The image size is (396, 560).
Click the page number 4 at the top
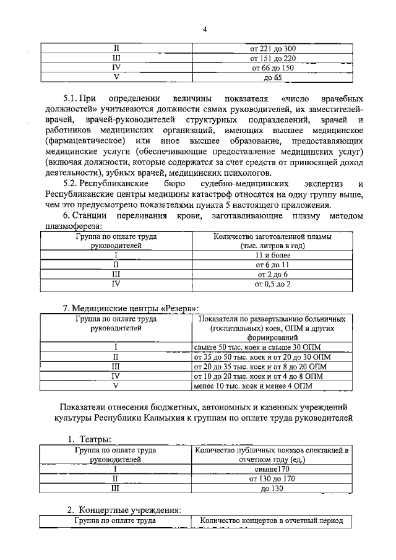click(x=204, y=28)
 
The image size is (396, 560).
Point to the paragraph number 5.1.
click(x=73, y=99)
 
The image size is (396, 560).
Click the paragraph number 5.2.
click(x=73, y=185)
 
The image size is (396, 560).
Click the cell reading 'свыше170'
click(x=272, y=469)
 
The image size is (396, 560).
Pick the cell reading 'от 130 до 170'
click(x=272, y=479)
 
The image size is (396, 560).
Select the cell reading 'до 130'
click(x=272, y=489)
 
